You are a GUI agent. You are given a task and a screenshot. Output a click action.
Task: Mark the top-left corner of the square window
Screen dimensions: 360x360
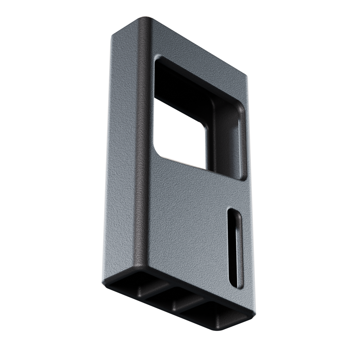tap(158, 60)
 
